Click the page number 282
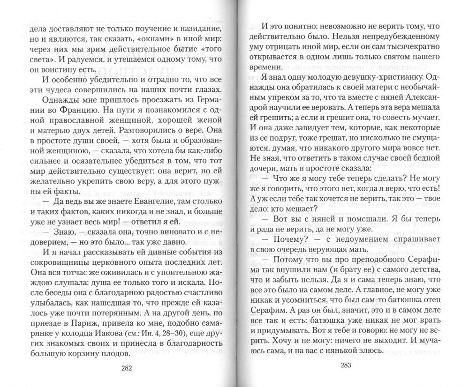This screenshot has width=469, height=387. [x=127, y=368]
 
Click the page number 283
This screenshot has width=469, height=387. [x=346, y=365]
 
